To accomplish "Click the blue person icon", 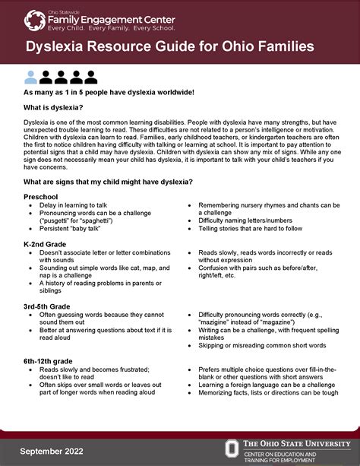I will [x=30, y=77].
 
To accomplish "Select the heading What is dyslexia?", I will [x=52, y=108].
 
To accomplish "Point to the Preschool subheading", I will [x=41, y=196].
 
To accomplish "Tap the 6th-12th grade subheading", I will [x=49, y=360].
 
